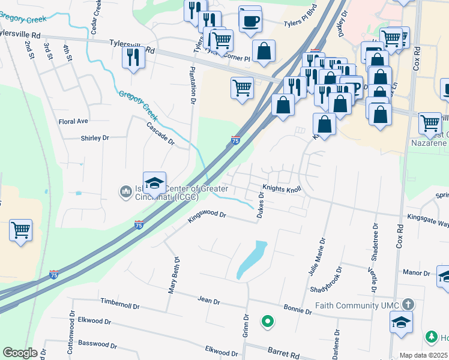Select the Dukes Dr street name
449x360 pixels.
pyautogui.click(x=261, y=204)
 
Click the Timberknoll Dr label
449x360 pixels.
pyautogui.click(x=120, y=305)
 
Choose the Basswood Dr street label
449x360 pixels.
pyautogui.click(x=96, y=344)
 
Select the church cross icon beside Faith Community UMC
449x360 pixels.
pyautogui.click(x=408, y=304)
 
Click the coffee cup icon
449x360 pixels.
pyautogui.click(x=250, y=20)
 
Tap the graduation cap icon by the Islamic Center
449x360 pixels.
pyautogui.click(x=154, y=182)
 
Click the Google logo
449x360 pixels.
pyautogui.click(x=20, y=353)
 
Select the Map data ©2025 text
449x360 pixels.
pyautogui.click(x=423, y=355)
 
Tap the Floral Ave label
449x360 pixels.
pyautogui.click(x=73, y=121)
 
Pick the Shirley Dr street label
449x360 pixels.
pyautogui.click(x=95, y=138)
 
